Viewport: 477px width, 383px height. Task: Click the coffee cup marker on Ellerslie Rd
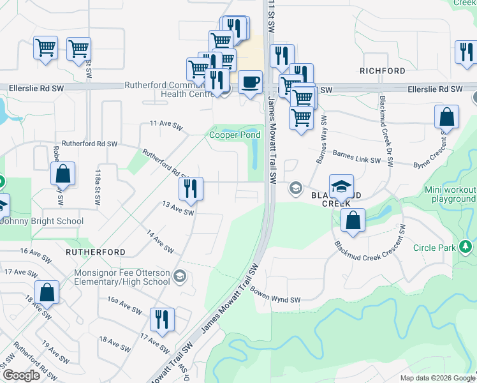click(251, 82)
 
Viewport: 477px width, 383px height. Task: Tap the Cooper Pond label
click(235, 135)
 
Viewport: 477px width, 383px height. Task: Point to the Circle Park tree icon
click(466, 247)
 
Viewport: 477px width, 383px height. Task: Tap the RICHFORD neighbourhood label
click(383, 70)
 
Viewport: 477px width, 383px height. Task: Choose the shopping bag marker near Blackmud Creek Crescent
click(353, 221)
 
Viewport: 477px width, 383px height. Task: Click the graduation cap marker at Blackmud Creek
click(341, 186)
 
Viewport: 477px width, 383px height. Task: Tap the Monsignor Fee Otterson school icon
click(180, 276)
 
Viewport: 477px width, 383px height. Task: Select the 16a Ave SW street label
click(124, 304)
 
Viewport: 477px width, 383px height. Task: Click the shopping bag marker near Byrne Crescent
click(446, 117)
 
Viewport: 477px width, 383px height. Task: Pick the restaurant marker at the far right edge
click(466, 53)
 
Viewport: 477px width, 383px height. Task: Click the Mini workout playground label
click(451, 195)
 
